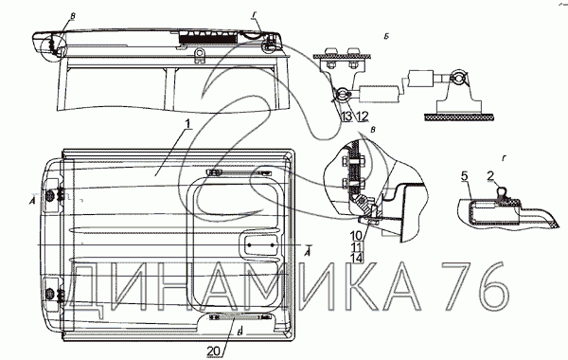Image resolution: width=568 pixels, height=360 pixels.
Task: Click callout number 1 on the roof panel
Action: point(187,124)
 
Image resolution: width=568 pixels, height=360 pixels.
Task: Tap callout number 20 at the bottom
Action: point(214,351)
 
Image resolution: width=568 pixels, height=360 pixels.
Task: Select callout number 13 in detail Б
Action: point(346,117)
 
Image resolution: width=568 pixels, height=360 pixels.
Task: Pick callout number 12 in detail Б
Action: point(363,117)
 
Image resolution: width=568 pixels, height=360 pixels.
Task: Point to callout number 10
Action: point(356,236)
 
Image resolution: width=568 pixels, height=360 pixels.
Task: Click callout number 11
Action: point(356,247)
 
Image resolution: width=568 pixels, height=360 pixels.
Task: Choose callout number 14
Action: point(357,258)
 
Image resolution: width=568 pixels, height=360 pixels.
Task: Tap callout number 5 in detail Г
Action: point(465,176)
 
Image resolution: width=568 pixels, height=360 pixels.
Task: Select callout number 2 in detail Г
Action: point(490,176)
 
